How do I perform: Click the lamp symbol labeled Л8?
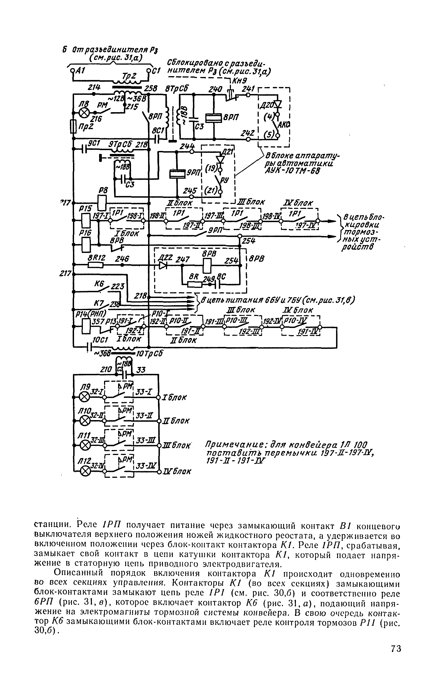(84, 113)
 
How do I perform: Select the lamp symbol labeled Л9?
(84, 397)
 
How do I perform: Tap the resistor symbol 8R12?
(96, 265)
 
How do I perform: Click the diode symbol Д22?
(163, 265)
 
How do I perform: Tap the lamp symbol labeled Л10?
(84, 421)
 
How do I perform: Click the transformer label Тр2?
(129, 76)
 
